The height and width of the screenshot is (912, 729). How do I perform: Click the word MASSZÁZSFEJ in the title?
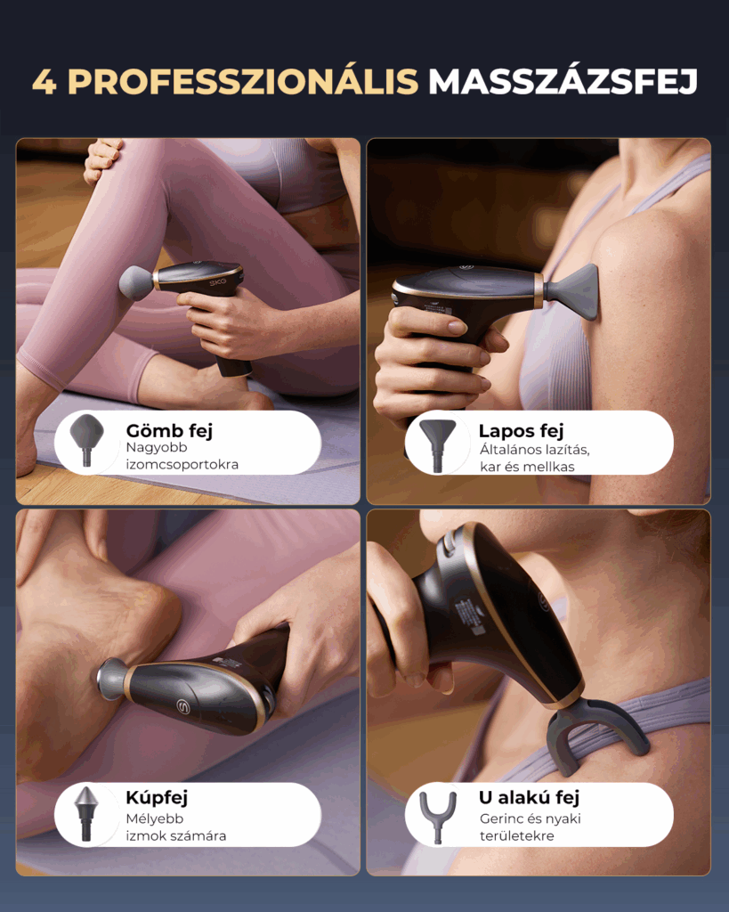563,81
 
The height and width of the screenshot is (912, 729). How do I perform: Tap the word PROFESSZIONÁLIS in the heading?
243,81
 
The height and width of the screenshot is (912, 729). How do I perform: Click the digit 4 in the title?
45,82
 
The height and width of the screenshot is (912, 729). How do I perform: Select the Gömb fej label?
169,430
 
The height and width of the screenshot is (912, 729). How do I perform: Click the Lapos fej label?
521,430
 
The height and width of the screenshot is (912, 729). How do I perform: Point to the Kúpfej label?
157,797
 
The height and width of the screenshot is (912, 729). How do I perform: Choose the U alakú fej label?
529,797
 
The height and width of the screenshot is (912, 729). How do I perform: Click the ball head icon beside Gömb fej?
87,439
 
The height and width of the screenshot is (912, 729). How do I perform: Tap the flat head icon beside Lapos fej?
437,445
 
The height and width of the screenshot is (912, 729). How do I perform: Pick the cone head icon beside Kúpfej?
86,812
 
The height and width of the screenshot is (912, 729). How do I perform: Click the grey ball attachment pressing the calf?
135,282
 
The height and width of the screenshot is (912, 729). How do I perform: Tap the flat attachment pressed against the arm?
572,292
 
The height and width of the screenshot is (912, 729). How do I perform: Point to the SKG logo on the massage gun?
218,281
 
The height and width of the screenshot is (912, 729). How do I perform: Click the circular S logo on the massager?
183,705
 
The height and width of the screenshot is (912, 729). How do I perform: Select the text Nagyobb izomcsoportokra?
182,456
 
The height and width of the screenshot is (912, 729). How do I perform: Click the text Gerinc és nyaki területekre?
530,827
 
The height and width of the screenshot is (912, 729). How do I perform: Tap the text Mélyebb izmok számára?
175,827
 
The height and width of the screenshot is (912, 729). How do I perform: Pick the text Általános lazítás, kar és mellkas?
534,459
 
